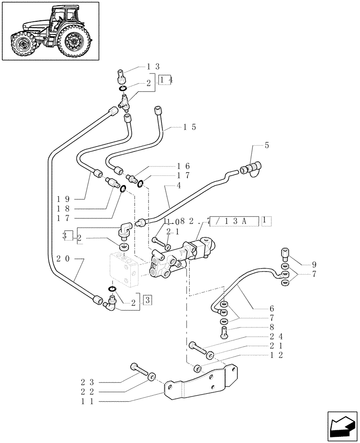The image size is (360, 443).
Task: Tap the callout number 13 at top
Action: click(x=153, y=66)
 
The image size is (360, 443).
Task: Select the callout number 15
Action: click(x=190, y=127)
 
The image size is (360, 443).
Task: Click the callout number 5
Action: click(x=267, y=145)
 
